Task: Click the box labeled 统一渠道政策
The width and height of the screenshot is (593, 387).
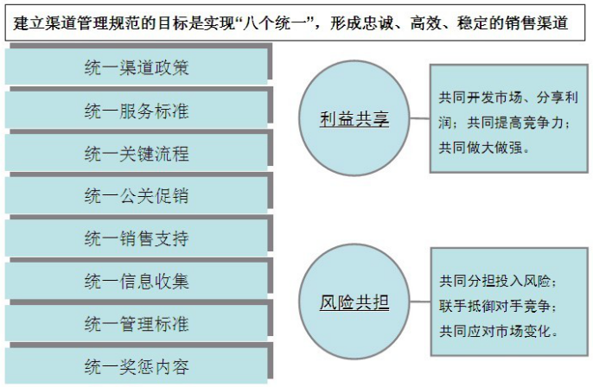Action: (137, 68)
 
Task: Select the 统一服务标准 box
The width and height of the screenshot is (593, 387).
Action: (137, 111)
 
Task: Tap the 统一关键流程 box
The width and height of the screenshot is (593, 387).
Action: (137, 154)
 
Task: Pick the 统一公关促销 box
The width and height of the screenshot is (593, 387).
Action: (137, 196)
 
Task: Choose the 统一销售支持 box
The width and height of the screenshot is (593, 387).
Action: (137, 238)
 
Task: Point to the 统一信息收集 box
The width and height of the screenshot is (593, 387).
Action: (137, 281)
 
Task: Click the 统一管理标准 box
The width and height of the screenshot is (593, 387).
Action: (137, 324)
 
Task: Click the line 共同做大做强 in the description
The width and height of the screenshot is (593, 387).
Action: (484, 147)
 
